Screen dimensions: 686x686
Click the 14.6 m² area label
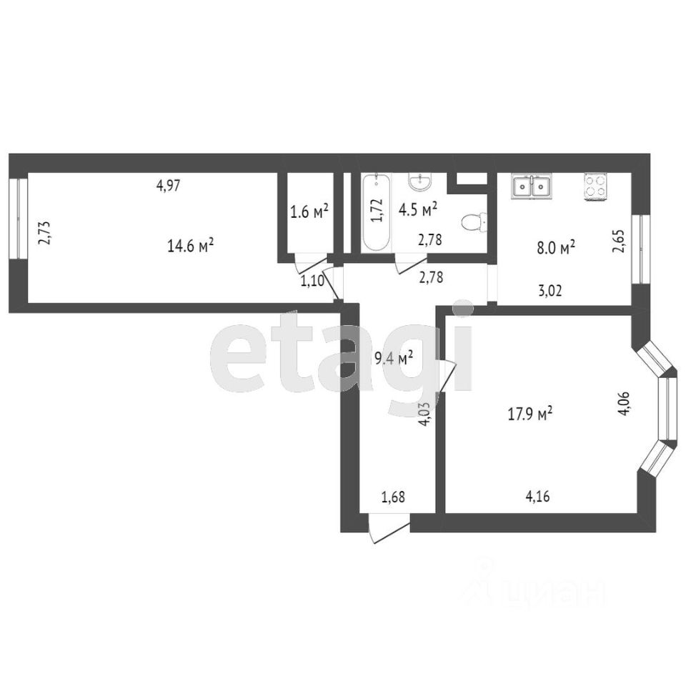(x=191, y=247)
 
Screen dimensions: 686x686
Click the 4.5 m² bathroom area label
(x=418, y=210)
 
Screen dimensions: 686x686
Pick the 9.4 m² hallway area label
(x=394, y=359)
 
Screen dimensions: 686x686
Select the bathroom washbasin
(x=420, y=183)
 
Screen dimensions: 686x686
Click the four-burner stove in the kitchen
(x=595, y=187)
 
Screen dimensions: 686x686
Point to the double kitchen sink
(x=532, y=187)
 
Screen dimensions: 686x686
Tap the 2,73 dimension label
(x=44, y=234)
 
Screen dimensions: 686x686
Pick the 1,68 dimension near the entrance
(x=394, y=497)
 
